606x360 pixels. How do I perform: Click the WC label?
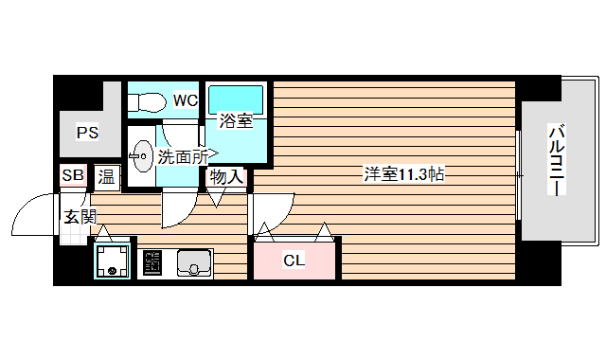184,99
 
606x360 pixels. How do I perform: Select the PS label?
87,133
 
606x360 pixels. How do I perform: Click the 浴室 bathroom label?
236,121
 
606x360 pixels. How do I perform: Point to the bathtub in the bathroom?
236,98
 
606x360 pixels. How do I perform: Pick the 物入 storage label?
227,176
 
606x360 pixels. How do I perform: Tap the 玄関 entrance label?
80,216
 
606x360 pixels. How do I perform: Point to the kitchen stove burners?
151,262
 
